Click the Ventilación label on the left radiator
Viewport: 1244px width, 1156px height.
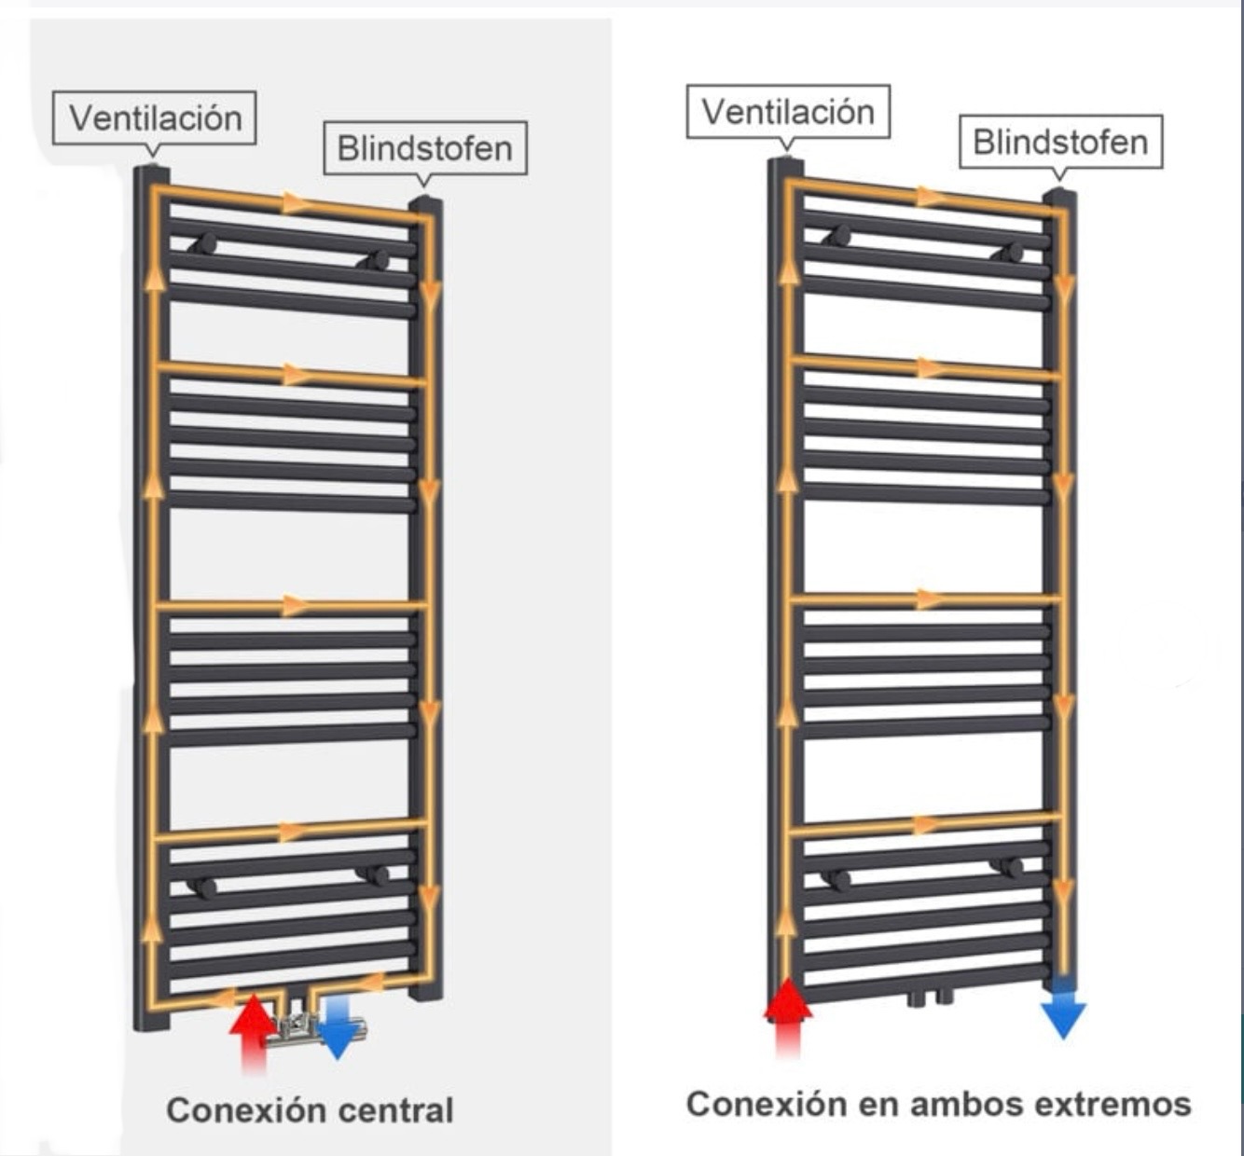(x=155, y=118)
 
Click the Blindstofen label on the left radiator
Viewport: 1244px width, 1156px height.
(x=424, y=148)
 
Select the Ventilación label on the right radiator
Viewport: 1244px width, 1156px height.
(x=788, y=112)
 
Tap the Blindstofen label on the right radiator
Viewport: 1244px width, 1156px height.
(x=1060, y=142)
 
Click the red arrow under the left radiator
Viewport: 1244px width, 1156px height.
(x=252, y=1025)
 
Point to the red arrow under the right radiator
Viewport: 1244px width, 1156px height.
(x=788, y=1011)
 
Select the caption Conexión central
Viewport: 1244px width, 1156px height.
(x=310, y=1110)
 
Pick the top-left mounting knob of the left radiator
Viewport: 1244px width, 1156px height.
(x=204, y=245)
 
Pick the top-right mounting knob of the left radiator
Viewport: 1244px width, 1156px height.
(x=379, y=260)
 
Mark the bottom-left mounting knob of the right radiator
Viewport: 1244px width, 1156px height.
(x=839, y=879)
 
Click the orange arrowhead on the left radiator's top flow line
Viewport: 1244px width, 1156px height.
(x=295, y=202)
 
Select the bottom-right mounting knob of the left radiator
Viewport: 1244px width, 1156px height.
(x=378, y=874)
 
